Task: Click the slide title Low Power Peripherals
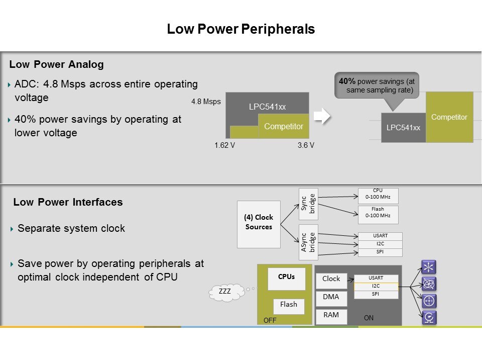click(x=241, y=30)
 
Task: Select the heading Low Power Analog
click(x=57, y=64)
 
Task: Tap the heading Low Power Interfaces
click(x=68, y=202)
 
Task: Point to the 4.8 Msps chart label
click(x=206, y=102)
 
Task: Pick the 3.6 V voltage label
click(x=305, y=145)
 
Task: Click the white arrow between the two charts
click(x=321, y=117)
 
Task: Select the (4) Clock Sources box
click(x=259, y=222)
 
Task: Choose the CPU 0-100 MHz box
click(x=378, y=194)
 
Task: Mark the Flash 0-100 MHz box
click(x=378, y=215)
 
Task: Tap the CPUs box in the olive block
click(x=286, y=278)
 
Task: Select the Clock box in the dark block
click(x=331, y=279)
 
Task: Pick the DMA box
click(x=331, y=297)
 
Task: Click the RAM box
click(x=331, y=316)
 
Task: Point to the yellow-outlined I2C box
click(x=376, y=286)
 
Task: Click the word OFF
click(x=270, y=320)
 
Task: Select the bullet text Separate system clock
click(x=71, y=228)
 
